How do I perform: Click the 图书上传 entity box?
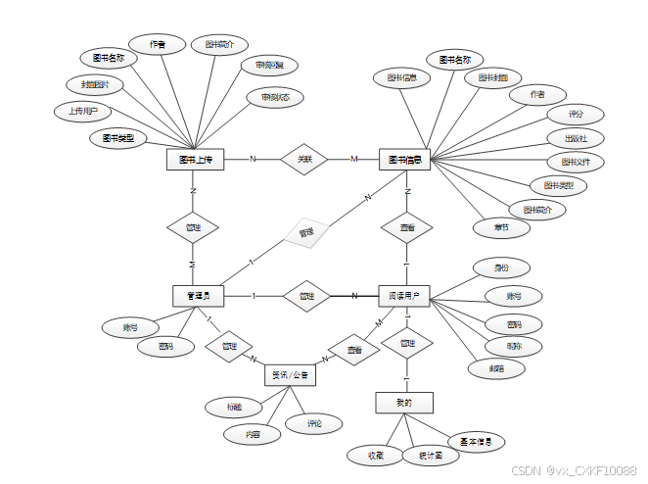pyautogui.click(x=197, y=160)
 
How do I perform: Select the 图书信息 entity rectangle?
pyautogui.click(x=405, y=160)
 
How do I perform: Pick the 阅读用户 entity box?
pyautogui.click(x=405, y=295)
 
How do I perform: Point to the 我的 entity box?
pyautogui.click(x=403, y=403)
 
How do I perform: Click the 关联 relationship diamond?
pyautogui.click(x=305, y=160)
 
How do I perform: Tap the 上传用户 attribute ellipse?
pyautogui.click(x=82, y=111)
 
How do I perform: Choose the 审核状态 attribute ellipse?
pyautogui.click(x=275, y=98)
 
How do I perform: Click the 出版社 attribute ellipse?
pyautogui.click(x=561, y=138)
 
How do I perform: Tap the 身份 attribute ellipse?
pyautogui.click(x=500, y=267)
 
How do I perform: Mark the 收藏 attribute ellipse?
pyautogui.click(x=376, y=456)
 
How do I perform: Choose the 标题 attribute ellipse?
pyautogui.click(x=232, y=406)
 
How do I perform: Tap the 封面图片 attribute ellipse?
pyautogui.click(x=95, y=84)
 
